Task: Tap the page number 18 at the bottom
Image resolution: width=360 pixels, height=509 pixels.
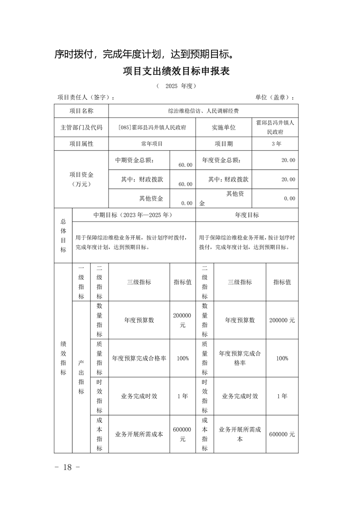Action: click(x=67, y=467)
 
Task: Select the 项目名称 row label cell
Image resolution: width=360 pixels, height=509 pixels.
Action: click(x=81, y=111)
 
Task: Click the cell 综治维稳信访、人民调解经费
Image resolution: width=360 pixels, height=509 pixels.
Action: click(x=203, y=111)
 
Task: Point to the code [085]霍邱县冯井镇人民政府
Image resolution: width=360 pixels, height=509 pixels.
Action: click(x=152, y=127)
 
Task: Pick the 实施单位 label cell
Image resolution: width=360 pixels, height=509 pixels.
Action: click(x=223, y=127)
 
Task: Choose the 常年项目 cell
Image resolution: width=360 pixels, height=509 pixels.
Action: click(x=152, y=143)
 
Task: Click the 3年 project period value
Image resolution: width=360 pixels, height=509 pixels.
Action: click(x=276, y=143)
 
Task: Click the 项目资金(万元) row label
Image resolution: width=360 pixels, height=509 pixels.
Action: click(x=81, y=179)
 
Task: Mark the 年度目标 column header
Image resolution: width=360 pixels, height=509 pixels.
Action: click(x=247, y=215)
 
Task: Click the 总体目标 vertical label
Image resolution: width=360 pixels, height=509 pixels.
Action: click(x=63, y=235)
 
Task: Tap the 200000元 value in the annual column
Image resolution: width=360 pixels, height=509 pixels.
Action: click(x=282, y=320)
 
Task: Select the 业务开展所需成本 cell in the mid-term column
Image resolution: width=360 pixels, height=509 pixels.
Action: click(x=139, y=434)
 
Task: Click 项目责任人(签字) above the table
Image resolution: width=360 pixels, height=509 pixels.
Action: click(x=86, y=98)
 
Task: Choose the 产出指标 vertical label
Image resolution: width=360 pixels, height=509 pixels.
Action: click(x=81, y=377)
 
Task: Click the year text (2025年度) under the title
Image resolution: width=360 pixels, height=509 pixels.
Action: click(x=176, y=86)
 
